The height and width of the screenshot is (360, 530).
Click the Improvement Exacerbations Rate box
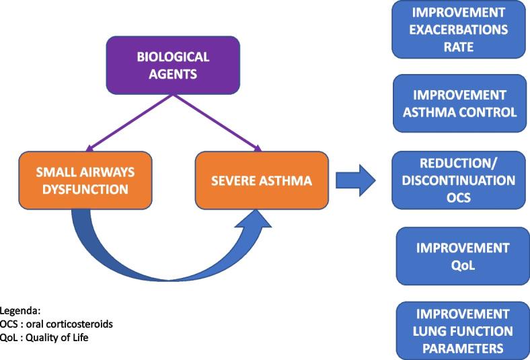(x=459, y=30)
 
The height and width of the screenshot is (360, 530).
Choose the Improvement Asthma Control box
(x=459, y=104)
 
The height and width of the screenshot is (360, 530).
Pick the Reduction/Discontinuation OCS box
(x=459, y=180)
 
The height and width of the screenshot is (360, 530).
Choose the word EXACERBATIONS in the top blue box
(x=459, y=30)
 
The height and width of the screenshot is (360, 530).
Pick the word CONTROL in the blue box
(x=490, y=112)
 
